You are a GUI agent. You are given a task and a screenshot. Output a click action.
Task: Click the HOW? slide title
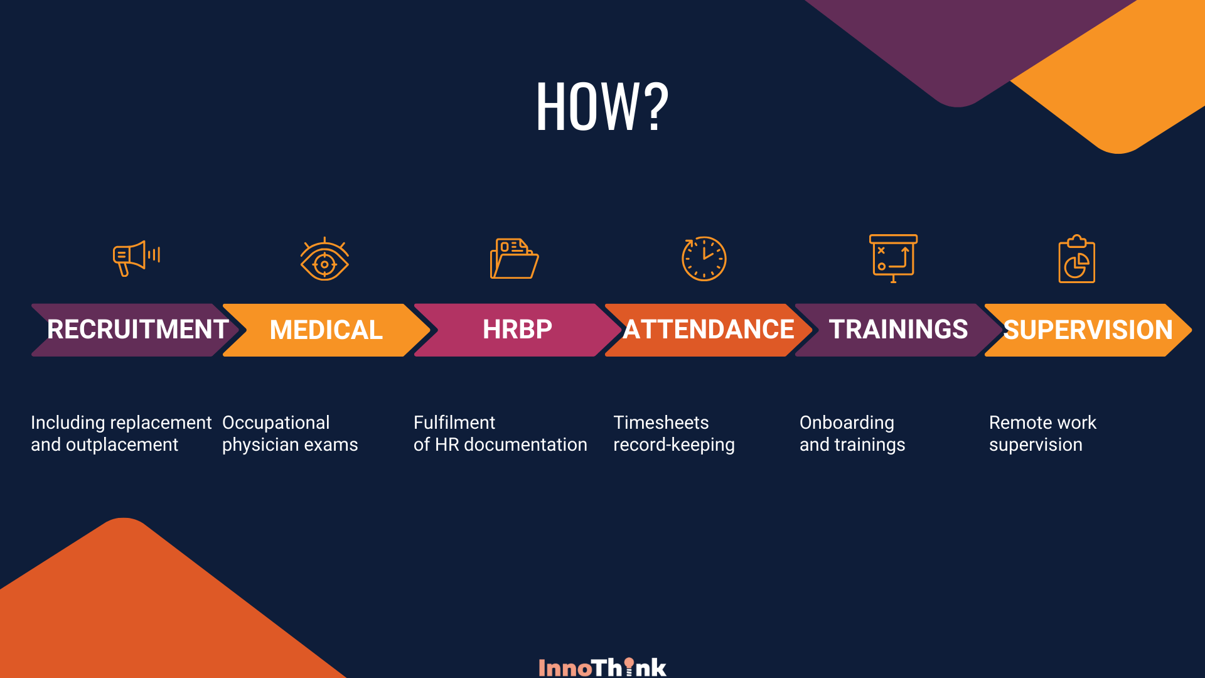(x=602, y=107)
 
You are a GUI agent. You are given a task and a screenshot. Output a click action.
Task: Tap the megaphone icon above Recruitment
(x=136, y=258)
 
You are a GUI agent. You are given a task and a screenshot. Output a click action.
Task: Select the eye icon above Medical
(x=324, y=259)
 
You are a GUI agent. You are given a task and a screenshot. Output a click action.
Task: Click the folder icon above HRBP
(x=514, y=258)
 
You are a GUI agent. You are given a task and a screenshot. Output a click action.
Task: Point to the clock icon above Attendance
(x=704, y=258)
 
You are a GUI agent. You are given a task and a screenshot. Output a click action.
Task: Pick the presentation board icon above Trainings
(x=893, y=258)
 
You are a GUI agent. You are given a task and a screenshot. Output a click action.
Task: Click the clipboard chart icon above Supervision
(x=1077, y=259)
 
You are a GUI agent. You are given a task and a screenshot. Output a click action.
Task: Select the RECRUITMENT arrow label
(x=137, y=330)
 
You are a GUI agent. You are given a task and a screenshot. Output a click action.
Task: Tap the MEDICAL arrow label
(x=326, y=330)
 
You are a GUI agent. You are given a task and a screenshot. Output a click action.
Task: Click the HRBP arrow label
(x=517, y=330)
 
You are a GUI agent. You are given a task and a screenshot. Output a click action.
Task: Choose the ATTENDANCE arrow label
(x=709, y=330)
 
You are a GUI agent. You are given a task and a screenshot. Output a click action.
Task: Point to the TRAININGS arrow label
(x=898, y=330)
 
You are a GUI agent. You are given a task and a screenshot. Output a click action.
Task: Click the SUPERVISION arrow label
(x=1088, y=330)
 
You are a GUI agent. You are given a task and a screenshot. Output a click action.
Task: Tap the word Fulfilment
(x=454, y=422)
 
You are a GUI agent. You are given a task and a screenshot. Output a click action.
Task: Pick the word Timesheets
(x=661, y=422)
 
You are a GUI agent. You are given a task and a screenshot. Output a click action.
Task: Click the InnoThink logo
(x=602, y=667)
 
